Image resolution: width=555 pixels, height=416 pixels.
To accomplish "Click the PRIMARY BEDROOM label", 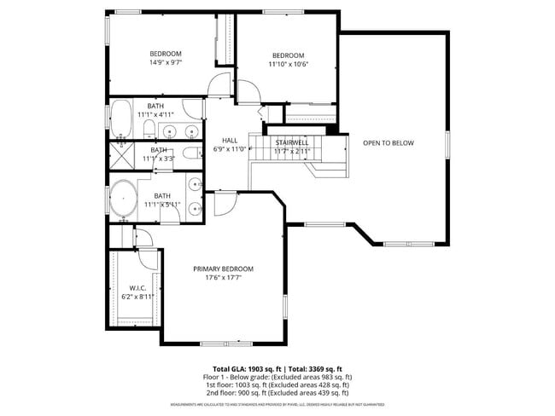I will pos(223,269).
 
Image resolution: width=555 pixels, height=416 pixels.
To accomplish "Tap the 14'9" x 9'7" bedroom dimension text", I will pos(166,62).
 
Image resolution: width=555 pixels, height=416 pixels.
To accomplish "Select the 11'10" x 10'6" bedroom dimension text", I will pos(288,64).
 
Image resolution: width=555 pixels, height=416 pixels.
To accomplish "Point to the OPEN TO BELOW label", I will pos(388,143).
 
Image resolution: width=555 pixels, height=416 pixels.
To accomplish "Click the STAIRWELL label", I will pos(291,142).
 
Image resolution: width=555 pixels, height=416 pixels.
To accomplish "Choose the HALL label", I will pos(230,141).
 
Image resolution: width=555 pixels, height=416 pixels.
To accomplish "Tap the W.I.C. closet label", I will pos(137,288).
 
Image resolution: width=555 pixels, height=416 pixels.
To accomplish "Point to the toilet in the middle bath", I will pos(190,156).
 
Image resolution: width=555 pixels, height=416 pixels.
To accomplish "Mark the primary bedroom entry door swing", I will pos(225,203).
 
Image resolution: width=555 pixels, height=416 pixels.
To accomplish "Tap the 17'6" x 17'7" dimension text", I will pos(223,277).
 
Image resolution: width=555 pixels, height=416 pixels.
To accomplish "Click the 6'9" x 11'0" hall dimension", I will pos(230,149).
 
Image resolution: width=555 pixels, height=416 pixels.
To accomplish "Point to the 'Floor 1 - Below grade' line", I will pos(277,376).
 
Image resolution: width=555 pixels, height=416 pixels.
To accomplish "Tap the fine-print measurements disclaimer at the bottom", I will pos(277,404).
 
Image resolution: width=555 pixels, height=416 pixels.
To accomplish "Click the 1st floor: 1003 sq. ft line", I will pos(277,384).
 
